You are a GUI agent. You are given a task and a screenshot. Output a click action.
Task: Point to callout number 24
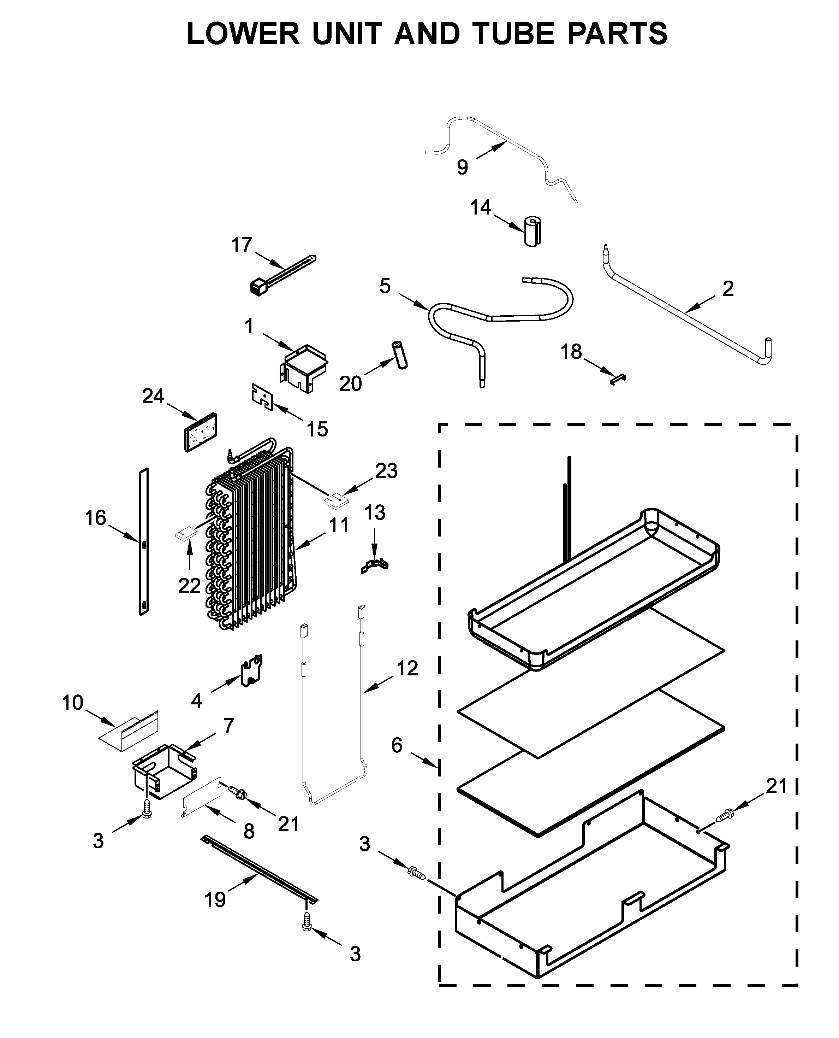pos(153,396)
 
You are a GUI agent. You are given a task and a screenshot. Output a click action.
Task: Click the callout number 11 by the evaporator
pos(339,525)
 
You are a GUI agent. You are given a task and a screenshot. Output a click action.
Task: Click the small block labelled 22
pos(186,534)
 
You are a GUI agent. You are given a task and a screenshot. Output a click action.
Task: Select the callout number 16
pos(95,518)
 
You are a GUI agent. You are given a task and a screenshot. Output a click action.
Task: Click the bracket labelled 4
pos(252,670)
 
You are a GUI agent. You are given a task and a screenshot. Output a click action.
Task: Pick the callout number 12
pos(407,668)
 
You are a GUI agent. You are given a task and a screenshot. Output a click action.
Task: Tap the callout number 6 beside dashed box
pos(396,745)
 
